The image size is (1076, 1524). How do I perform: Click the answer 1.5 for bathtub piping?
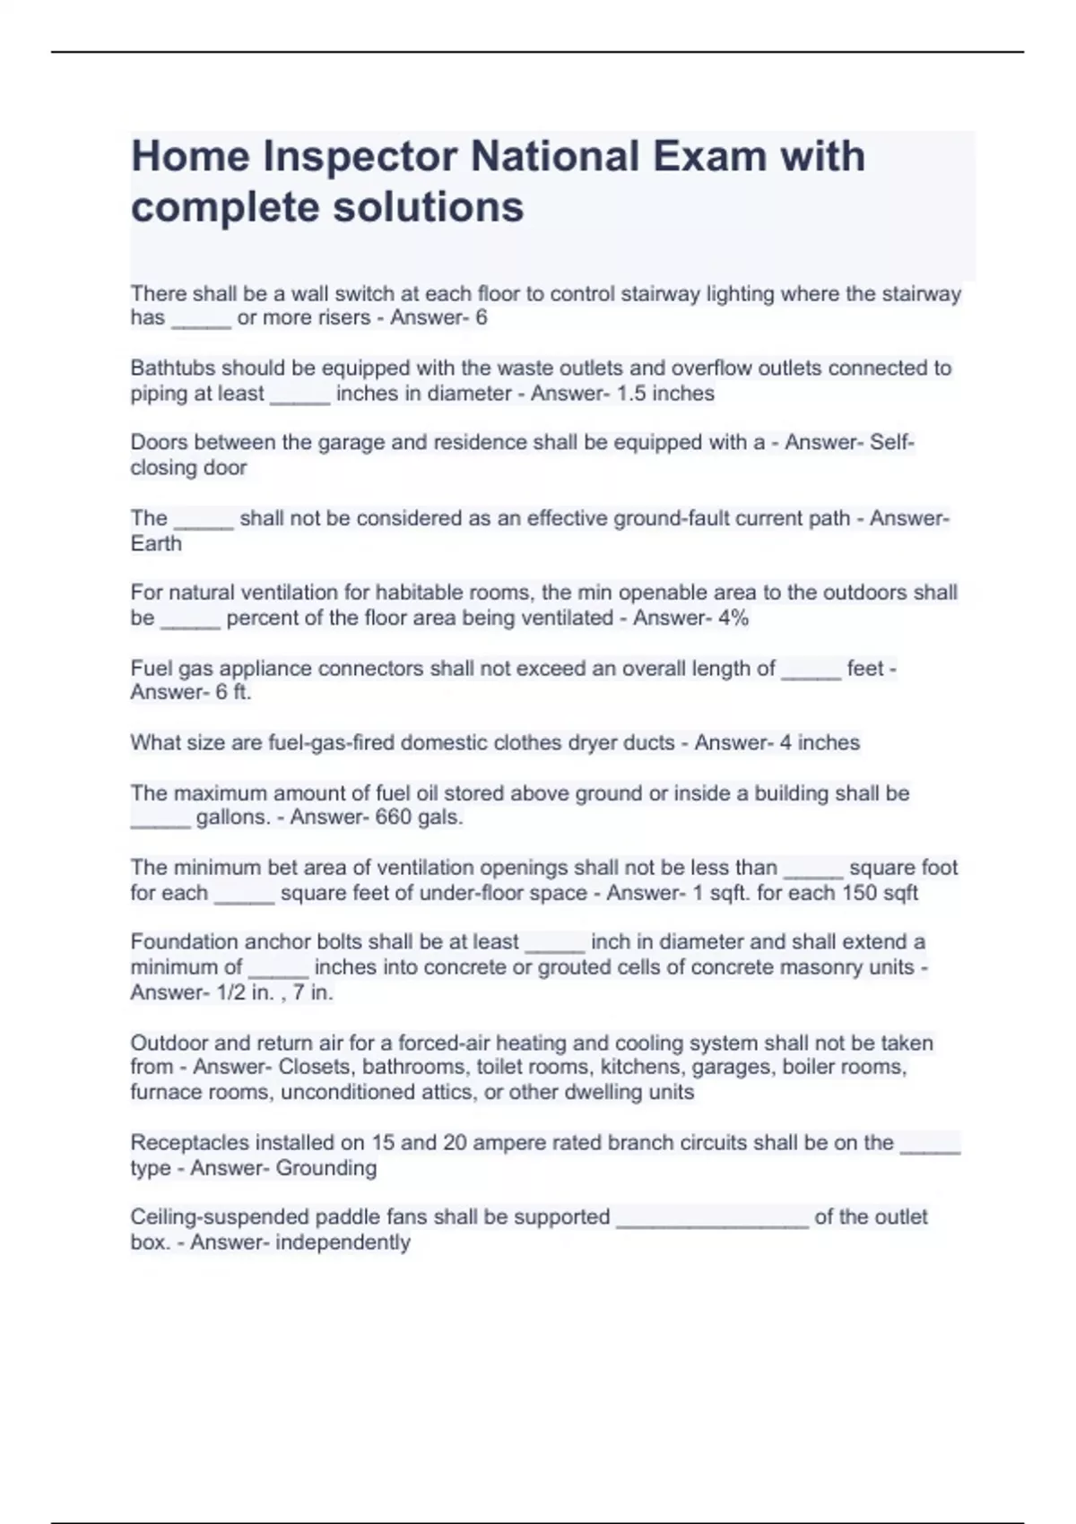630,394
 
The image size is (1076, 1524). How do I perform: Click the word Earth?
156,544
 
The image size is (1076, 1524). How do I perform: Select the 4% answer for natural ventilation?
733,619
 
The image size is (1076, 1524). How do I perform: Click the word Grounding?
325,1168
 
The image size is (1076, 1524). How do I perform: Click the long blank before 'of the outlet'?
713,1219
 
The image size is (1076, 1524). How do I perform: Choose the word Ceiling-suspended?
203,1217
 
